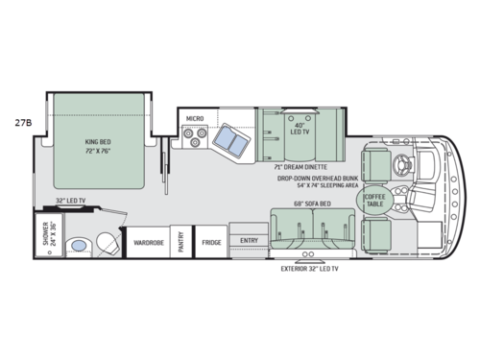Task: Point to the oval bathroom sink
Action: pyautogui.click(x=81, y=245)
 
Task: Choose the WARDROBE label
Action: pyautogui.click(x=147, y=243)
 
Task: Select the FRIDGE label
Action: pyautogui.click(x=211, y=243)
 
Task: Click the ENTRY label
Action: pyautogui.click(x=249, y=240)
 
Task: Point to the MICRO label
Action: pyautogui.click(x=195, y=118)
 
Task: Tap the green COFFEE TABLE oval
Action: pyautogui.click(x=373, y=202)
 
